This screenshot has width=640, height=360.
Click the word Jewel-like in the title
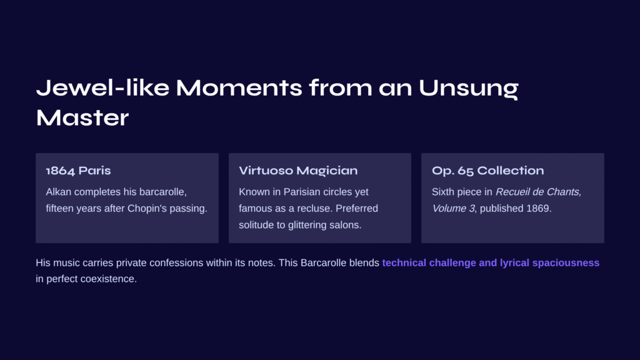tap(102, 87)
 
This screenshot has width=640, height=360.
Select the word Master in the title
tap(82, 117)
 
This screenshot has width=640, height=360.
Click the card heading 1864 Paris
tap(78, 171)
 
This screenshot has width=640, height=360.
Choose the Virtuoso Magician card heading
tap(298, 171)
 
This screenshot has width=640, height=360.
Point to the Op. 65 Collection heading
tap(487, 171)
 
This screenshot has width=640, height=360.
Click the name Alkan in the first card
tap(58, 192)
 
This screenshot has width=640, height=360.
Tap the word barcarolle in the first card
tap(163, 192)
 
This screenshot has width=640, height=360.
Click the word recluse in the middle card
tap(316, 209)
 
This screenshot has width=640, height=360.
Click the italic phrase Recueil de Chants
tap(538, 192)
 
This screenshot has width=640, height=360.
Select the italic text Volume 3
tap(454, 209)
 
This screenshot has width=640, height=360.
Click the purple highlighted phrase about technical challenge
tap(491, 263)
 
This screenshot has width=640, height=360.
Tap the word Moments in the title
tap(239, 87)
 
